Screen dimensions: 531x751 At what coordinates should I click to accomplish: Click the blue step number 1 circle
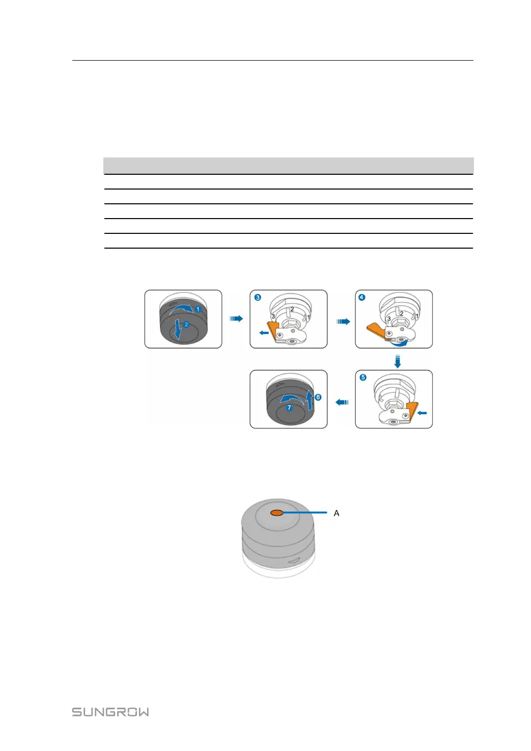[x=199, y=309]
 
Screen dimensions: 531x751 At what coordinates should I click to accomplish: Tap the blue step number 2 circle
[x=186, y=325]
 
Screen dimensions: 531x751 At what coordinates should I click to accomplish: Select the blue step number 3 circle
[x=258, y=298]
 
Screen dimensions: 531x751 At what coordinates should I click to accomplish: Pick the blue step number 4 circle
[x=362, y=298]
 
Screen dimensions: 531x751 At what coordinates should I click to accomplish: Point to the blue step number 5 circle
[x=363, y=378]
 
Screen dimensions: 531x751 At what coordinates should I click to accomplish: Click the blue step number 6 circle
[x=318, y=397]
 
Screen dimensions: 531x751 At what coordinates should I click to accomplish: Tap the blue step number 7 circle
[x=289, y=408]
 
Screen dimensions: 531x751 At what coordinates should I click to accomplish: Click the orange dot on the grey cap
[x=276, y=513]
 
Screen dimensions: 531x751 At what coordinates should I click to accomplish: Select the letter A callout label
[x=336, y=513]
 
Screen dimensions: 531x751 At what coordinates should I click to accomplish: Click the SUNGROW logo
[x=110, y=712]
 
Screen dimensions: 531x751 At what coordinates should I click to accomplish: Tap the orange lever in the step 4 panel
[x=376, y=332]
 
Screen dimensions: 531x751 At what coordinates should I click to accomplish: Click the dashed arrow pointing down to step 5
[x=398, y=361]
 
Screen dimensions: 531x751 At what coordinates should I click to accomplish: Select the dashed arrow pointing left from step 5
[x=342, y=403]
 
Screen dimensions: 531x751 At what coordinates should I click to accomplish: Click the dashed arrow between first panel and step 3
[x=236, y=318]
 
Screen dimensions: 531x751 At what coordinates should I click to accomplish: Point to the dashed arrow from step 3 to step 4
[x=343, y=321]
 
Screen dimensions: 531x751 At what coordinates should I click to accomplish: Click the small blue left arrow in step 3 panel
[x=264, y=333]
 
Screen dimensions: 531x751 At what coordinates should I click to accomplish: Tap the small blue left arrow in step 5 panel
[x=422, y=413]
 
